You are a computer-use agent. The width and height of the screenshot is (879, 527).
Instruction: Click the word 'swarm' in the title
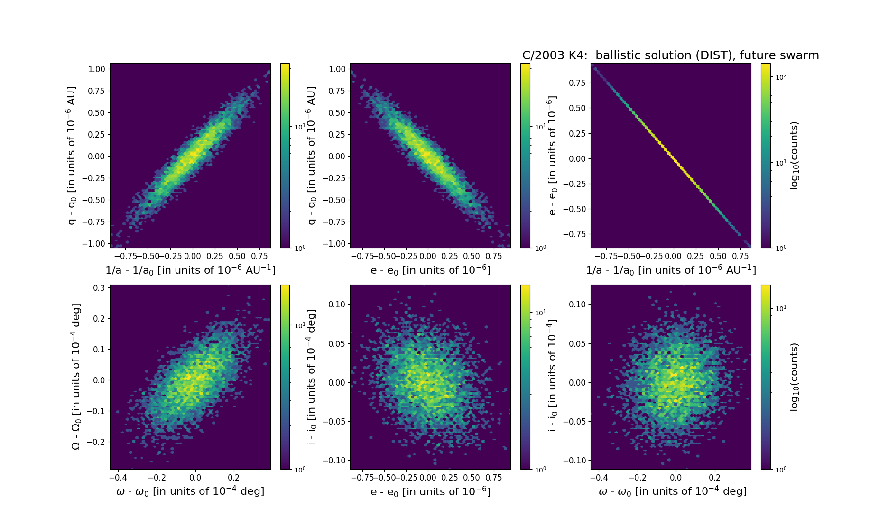click(x=799, y=55)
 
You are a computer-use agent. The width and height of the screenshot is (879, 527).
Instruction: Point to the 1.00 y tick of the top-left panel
click(x=96, y=69)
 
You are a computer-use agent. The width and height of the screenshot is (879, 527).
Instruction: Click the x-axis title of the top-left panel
click(x=190, y=270)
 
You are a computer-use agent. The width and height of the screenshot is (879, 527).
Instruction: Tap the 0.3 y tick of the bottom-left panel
click(x=99, y=288)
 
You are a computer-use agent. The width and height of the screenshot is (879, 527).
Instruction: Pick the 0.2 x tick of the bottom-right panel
click(x=714, y=477)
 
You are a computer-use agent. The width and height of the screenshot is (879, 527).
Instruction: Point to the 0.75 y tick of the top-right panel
click(x=577, y=83)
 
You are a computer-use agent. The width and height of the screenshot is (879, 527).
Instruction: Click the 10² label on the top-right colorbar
click(x=781, y=76)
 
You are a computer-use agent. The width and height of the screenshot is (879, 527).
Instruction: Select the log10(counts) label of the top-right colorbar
click(x=794, y=156)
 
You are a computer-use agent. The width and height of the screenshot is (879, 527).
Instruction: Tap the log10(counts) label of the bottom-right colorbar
click(x=794, y=377)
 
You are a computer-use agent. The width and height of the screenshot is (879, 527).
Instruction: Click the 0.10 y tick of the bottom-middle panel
click(x=337, y=305)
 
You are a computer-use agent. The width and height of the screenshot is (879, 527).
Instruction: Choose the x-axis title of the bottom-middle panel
click(x=430, y=491)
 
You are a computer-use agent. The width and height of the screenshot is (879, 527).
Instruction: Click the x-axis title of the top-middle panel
click(x=430, y=270)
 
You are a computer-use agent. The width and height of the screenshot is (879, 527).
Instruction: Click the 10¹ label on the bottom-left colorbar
click(x=300, y=325)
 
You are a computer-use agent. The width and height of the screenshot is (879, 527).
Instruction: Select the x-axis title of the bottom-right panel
click(x=672, y=491)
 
